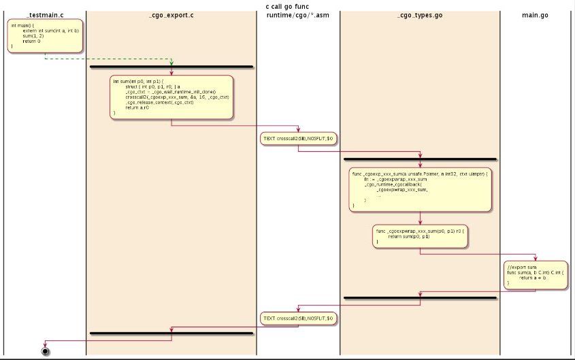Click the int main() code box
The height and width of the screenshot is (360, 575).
point(45,36)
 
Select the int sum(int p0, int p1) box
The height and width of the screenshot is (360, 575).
point(171,97)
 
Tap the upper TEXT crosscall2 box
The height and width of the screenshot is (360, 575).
point(298,138)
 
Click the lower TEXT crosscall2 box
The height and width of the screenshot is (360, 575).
point(298,318)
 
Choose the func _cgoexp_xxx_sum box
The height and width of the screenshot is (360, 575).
point(420,189)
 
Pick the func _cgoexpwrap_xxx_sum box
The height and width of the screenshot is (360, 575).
point(420,235)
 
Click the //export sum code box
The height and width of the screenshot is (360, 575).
point(536,274)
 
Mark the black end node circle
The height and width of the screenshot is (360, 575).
point(46,352)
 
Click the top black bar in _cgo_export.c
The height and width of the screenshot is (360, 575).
point(171,67)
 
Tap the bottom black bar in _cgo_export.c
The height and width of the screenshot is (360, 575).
point(171,333)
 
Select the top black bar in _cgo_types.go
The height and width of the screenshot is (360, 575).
point(420,159)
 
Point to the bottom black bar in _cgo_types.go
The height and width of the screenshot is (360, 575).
point(420,298)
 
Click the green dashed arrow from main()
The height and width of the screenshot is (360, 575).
point(109,59)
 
